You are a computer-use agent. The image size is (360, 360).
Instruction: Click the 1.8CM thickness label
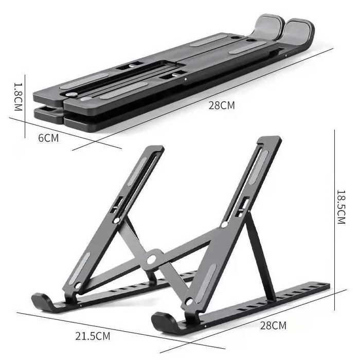[x=17, y=97]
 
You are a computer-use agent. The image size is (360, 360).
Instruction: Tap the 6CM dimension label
[x=48, y=138]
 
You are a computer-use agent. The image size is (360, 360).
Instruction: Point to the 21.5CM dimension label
[x=93, y=337]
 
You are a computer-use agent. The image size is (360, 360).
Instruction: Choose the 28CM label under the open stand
[x=272, y=325]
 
